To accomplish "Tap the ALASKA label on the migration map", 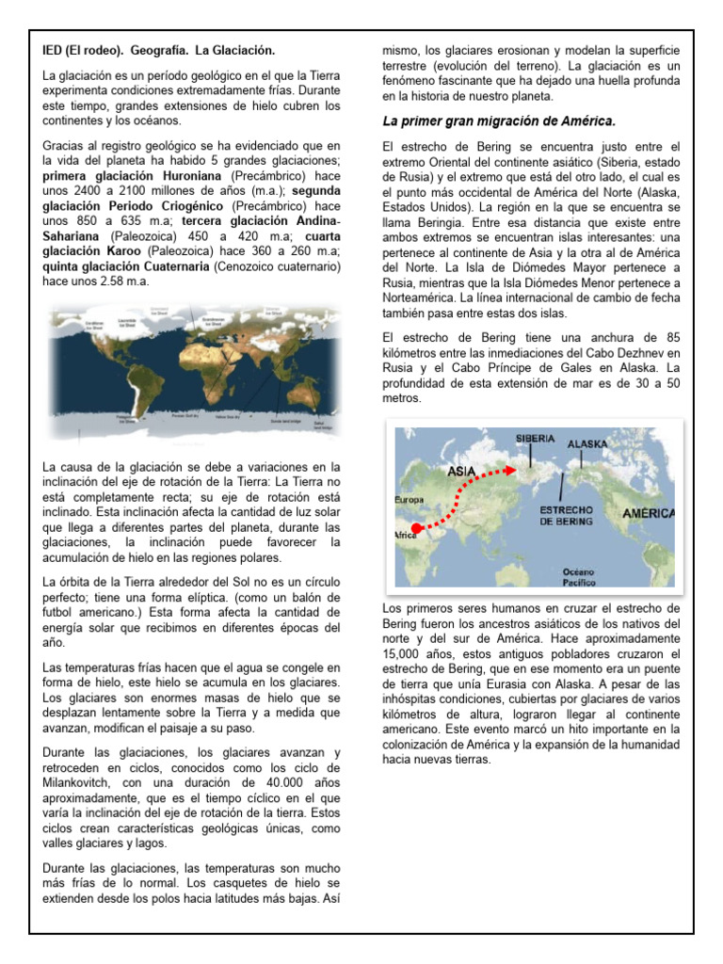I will (x=587, y=443).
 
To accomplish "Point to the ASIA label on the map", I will (x=460, y=470).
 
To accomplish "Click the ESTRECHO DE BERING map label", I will (x=565, y=515).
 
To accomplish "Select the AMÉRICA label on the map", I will (x=648, y=513).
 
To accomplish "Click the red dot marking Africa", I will (x=417, y=528).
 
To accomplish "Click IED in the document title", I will (x=54, y=48).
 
